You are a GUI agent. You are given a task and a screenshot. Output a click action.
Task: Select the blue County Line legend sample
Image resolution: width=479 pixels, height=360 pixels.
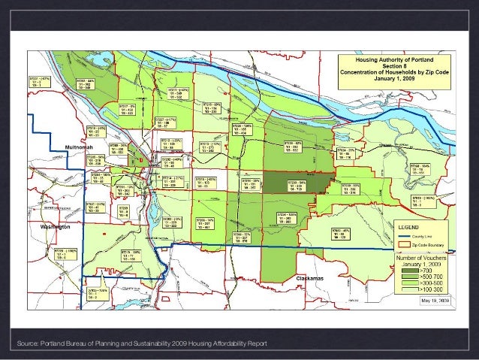(x=406, y=236)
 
